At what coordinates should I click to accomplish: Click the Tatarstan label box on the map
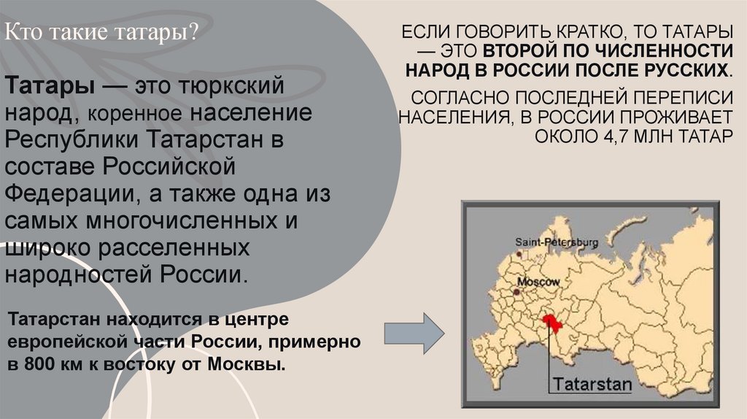tap(592, 383)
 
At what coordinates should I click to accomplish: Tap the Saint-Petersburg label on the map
tap(557, 242)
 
